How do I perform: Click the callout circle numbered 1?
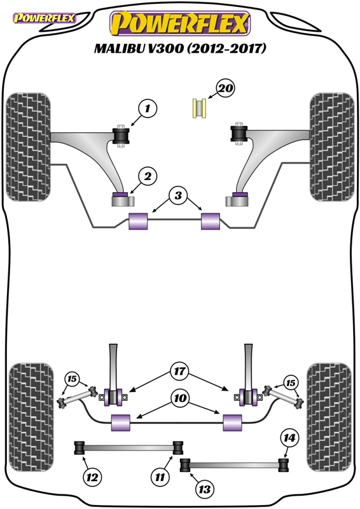click(148, 108)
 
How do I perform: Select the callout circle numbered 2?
click(148, 176)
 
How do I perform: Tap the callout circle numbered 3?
click(178, 195)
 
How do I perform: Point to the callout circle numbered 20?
click(226, 88)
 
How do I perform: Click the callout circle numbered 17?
click(179, 371)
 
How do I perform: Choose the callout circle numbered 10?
click(180, 398)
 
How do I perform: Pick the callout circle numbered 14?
click(289, 438)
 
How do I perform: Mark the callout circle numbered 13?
click(205, 489)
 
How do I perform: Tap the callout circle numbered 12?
click(92, 477)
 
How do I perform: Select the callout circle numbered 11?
click(160, 477)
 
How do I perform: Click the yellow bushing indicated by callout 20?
click(199, 108)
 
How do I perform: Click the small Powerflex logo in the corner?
click(45, 18)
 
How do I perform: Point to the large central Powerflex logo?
click(180, 24)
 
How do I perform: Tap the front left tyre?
click(28, 147)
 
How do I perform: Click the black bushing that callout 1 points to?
click(121, 136)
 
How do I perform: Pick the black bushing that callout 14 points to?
click(284, 465)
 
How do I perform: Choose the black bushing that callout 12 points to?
click(80, 448)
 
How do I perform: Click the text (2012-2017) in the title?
click(226, 48)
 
